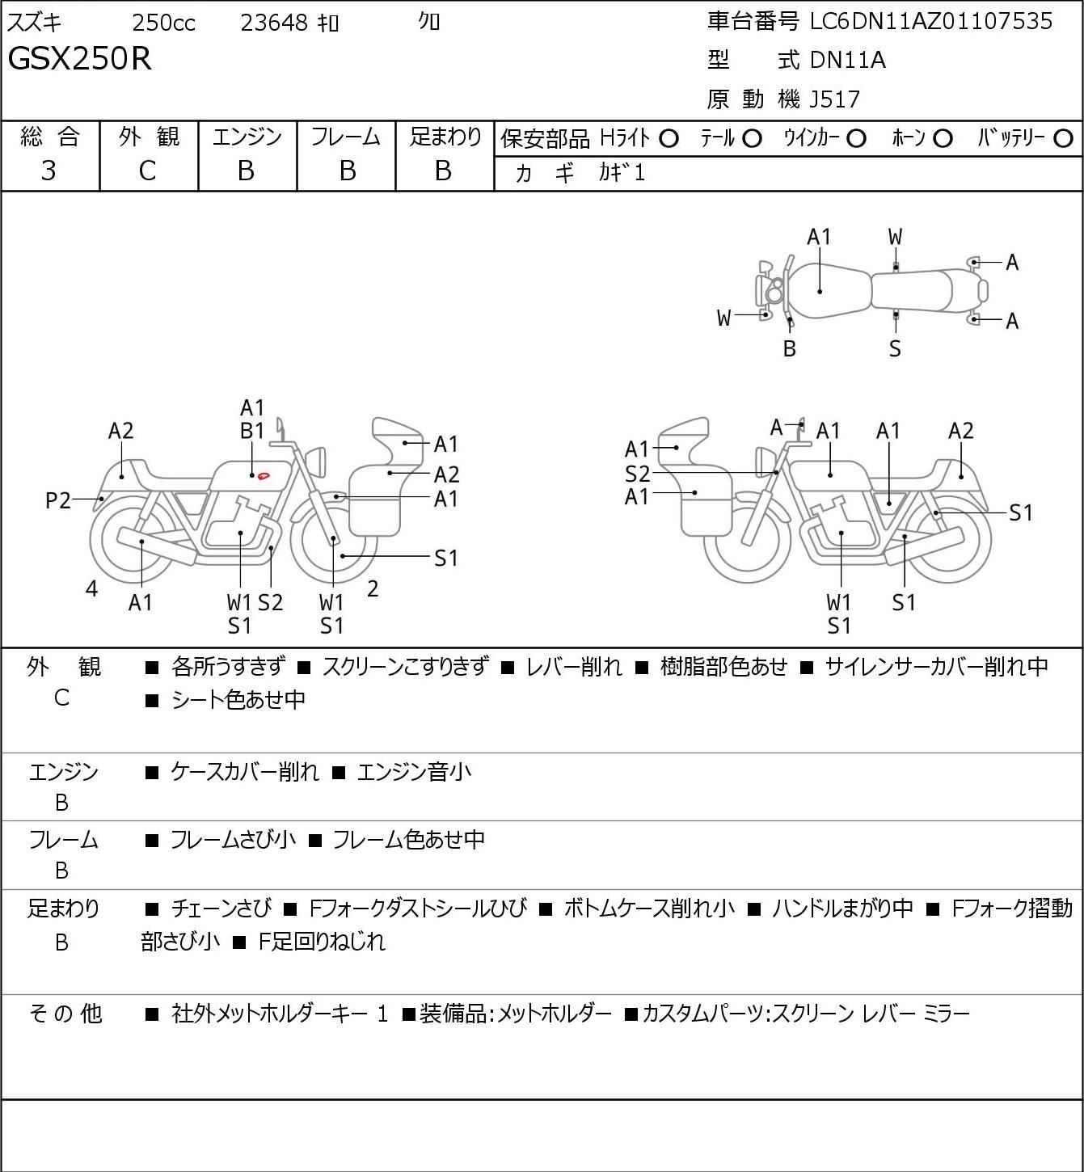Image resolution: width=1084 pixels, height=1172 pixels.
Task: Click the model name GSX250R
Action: click(79, 59)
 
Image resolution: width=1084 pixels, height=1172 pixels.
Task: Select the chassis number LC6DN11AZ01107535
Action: click(931, 21)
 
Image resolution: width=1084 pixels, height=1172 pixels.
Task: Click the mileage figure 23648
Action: click(274, 23)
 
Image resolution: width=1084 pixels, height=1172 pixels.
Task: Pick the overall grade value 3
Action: click(49, 171)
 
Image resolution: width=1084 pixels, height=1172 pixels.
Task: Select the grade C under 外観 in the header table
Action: click(147, 171)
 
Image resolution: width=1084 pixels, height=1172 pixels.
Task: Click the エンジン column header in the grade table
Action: click(247, 137)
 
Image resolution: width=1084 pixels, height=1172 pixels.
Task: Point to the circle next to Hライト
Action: click(669, 139)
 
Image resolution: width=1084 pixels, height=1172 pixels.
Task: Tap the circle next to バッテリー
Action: click(1064, 139)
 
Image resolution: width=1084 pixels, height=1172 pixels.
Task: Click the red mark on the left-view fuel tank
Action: click(264, 474)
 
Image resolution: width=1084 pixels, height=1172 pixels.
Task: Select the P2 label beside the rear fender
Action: click(58, 501)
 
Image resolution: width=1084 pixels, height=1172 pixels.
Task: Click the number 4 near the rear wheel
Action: click(91, 589)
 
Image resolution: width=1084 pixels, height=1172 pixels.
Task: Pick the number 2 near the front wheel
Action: click(372, 589)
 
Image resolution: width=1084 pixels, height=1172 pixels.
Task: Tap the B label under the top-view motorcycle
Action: click(790, 348)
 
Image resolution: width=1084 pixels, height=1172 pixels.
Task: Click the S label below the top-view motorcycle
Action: click(895, 348)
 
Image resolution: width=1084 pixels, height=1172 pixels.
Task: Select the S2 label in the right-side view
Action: click(637, 474)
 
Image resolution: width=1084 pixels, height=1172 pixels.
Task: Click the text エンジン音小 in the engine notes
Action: click(414, 773)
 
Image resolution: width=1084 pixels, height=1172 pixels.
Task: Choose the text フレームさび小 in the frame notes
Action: click(233, 841)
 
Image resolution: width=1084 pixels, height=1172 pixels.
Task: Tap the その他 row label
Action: click(65, 1014)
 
